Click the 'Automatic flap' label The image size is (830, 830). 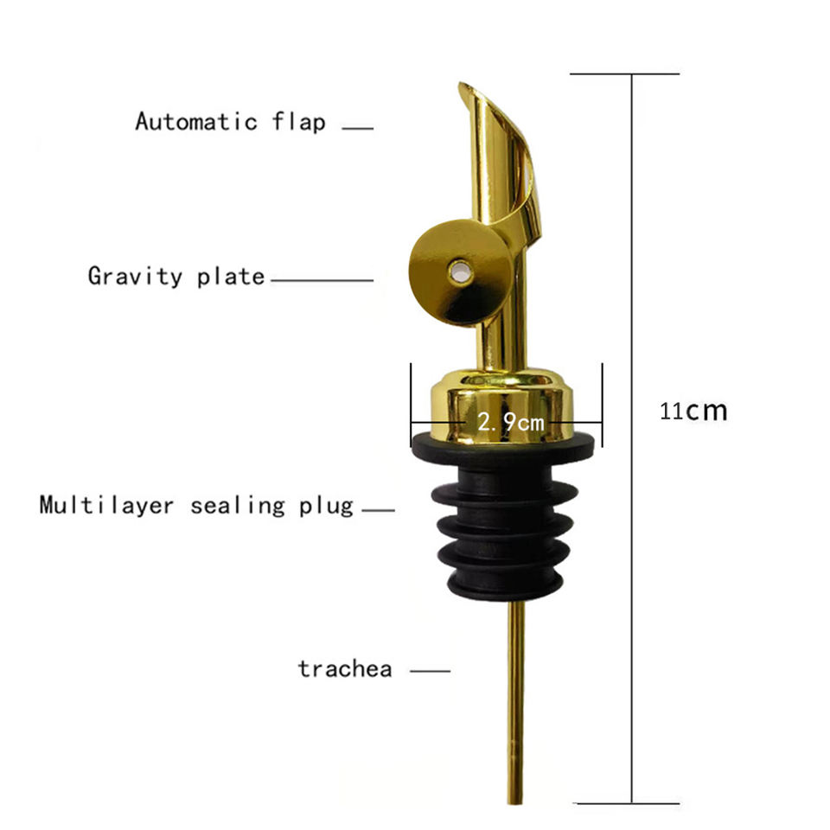point(230,121)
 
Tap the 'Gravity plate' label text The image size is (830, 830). point(176,277)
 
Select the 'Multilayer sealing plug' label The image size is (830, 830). point(196,505)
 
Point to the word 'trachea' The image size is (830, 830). point(345,668)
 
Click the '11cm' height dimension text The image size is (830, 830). point(693,411)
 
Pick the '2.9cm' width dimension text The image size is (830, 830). point(511,422)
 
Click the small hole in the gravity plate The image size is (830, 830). point(458,271)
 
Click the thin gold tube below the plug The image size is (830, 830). point(515,692)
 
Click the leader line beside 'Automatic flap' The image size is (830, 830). point(358,129)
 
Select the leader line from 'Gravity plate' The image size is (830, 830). point(320,280)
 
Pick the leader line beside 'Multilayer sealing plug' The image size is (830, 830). point(378,510)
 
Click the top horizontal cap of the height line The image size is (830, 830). point(624,74)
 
